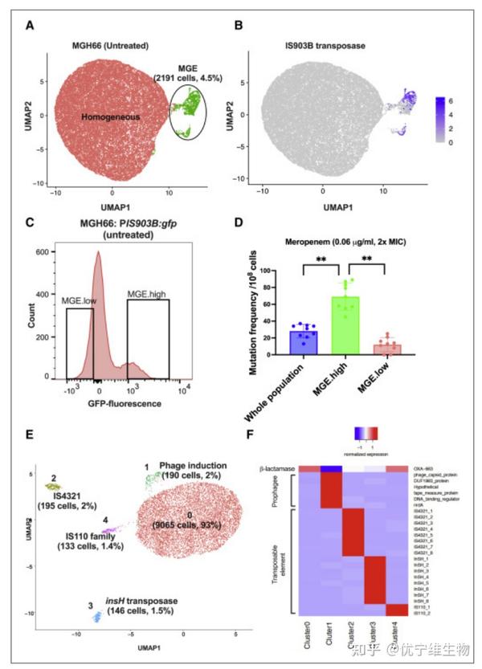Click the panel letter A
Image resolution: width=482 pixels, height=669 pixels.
tap(30, 26)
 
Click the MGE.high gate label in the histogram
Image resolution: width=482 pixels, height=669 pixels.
tap(147, 295)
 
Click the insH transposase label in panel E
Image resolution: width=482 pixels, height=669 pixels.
tap(136, 599)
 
